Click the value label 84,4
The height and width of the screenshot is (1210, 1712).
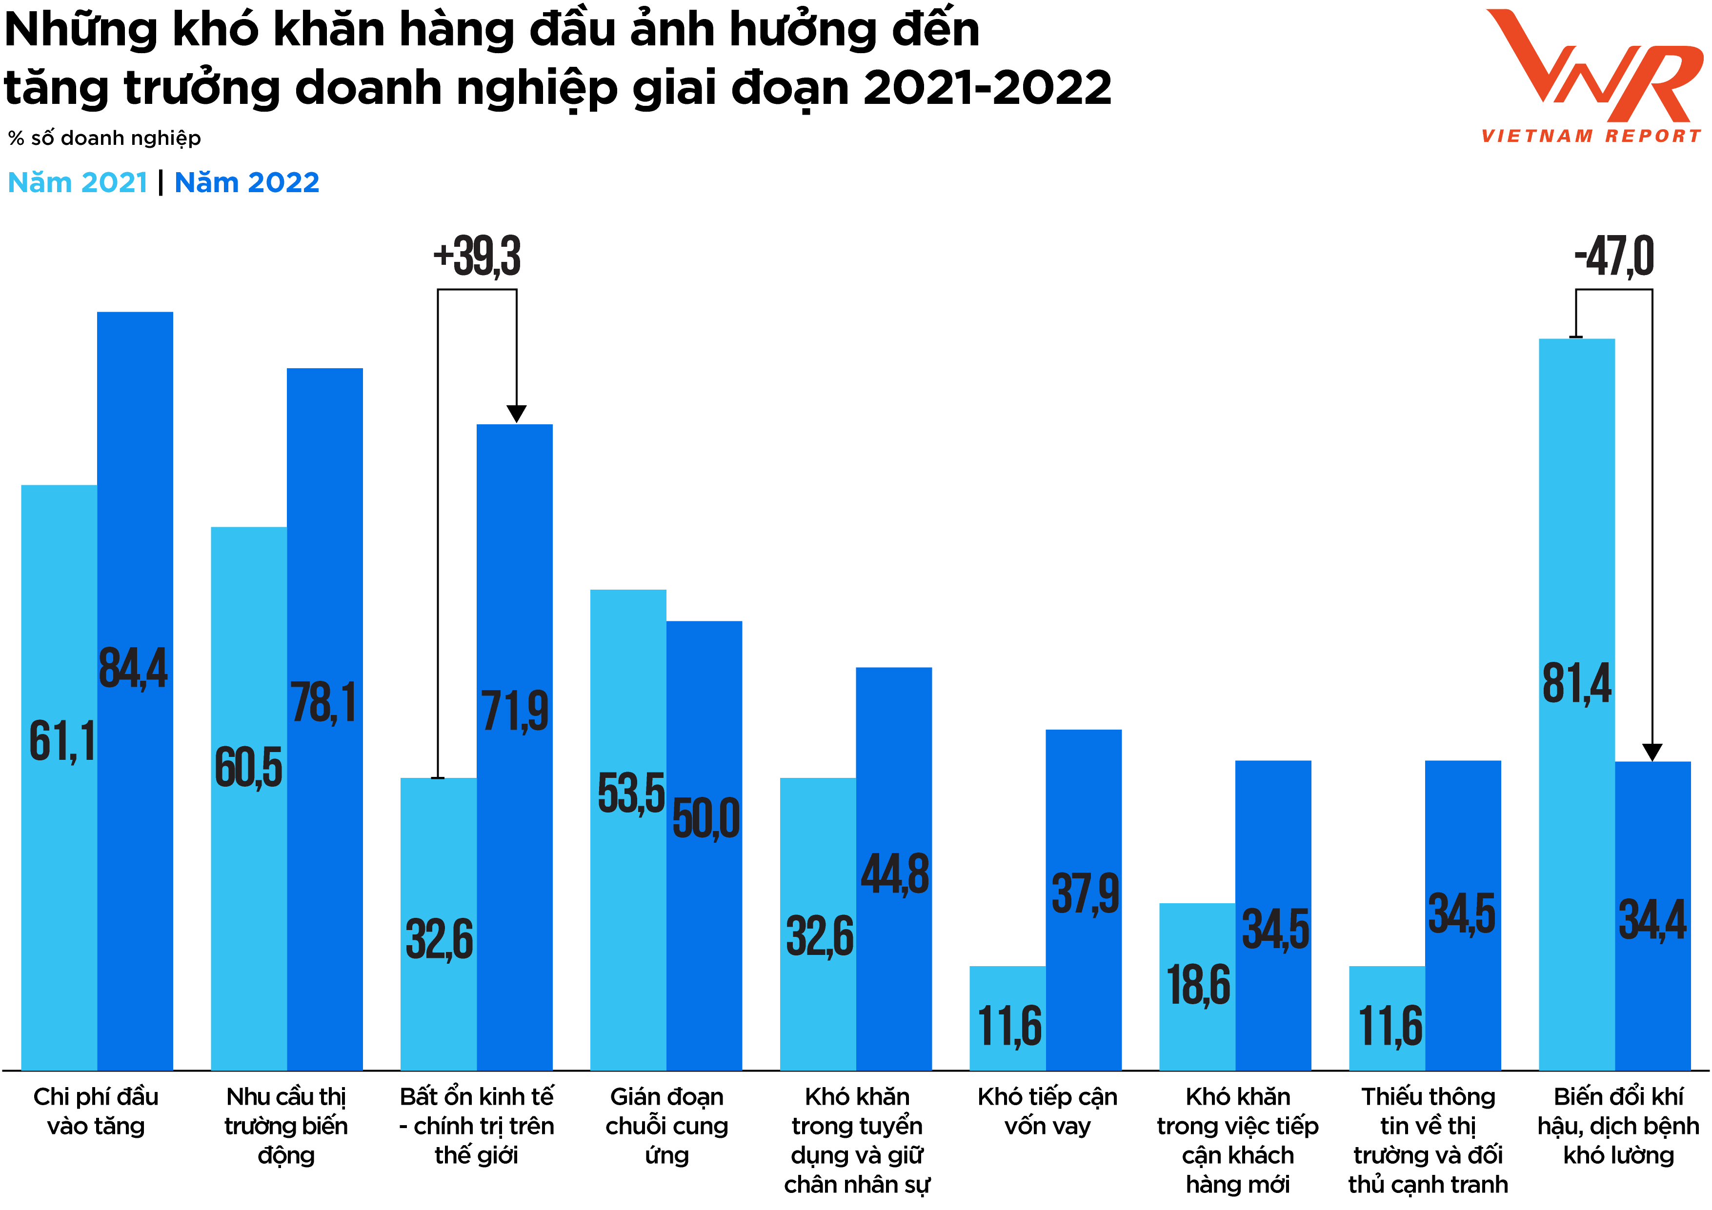click(x=134, y=668)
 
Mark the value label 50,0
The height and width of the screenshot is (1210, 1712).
click(x=705, y=818)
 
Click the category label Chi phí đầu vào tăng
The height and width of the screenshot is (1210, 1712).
click(x=96, y=1111)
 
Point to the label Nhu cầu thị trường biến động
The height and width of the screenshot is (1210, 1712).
click(x=286, y=1126)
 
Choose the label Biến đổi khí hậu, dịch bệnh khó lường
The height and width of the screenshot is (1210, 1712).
click(x=1618, y=1126)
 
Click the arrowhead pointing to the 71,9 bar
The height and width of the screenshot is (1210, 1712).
click(x=517, y=414)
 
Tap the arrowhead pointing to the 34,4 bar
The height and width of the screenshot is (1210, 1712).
click(x=1652, y=752)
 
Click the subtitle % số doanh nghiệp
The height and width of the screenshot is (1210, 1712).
click(x=104, y=138)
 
